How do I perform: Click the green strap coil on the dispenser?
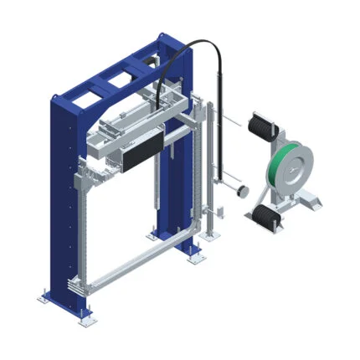coord(274,167)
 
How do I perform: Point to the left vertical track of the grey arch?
coord(81,226)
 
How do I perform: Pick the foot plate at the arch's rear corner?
coord(198,258)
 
